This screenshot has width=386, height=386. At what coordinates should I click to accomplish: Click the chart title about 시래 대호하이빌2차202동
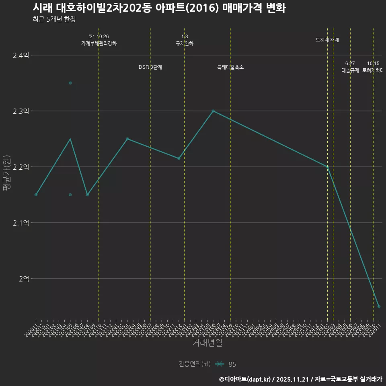point(159,8)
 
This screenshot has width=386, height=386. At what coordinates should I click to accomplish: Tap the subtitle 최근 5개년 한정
point(54,19)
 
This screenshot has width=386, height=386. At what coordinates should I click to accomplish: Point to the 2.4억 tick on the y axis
point(21,55)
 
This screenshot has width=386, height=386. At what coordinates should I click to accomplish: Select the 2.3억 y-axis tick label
point(21,111)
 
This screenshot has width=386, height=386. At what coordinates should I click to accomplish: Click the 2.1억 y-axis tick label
point(21,223)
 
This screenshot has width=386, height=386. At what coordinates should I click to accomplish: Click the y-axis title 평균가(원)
point(7,177)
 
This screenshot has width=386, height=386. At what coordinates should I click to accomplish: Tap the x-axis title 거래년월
point(207,343)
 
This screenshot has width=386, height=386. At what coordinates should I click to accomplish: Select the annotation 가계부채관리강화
point(99,43)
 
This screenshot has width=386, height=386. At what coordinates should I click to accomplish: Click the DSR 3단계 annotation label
point(150,67)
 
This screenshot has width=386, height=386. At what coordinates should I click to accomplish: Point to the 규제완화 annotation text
point(185,43)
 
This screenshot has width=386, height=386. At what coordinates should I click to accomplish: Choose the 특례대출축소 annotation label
point(230,67)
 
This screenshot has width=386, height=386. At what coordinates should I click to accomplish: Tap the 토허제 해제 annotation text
point(327,40)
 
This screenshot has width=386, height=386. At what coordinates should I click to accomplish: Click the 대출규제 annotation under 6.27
point(350,70)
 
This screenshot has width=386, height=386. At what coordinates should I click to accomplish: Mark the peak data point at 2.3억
point(213,111)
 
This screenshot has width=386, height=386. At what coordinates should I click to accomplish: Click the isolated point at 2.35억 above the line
point(70,83)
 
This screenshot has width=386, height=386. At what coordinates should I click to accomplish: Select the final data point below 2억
point(379,306)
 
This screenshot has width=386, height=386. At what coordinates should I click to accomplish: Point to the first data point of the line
point(36,195)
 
